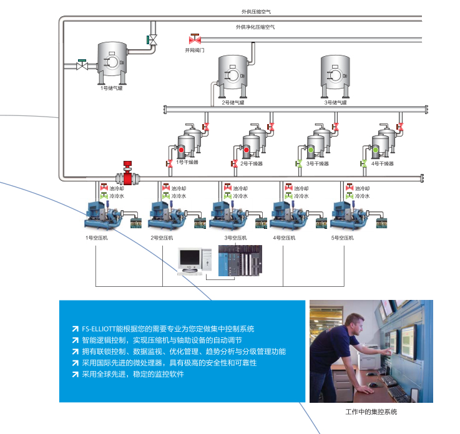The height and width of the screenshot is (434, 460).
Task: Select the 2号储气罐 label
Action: click(232, 102)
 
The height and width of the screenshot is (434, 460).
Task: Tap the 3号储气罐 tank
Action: click(335, 76)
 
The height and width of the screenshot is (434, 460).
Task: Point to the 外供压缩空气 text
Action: click(256, 11)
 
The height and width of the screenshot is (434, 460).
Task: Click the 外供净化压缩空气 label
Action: click(255, 27)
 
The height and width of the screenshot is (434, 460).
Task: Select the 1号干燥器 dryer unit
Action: click(188, 142)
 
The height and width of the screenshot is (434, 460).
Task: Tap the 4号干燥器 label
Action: click(383, 163)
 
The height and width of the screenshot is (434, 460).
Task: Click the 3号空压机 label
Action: click(235, 238)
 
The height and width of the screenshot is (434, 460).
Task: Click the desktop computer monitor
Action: click(188, 257)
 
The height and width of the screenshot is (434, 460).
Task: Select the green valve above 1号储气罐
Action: click(152, 39)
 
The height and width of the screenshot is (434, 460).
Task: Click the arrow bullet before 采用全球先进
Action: click(75, 374)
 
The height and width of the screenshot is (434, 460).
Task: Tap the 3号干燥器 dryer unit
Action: click(318, 142)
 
